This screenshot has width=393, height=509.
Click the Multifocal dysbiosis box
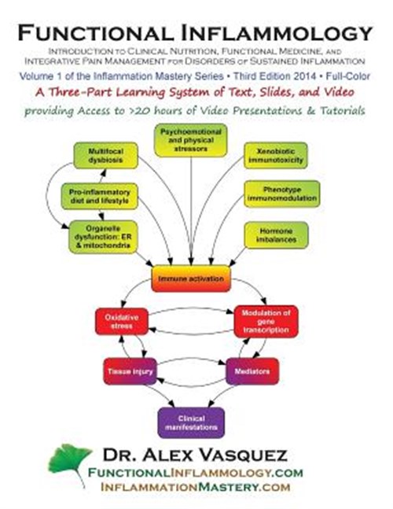(105, 156)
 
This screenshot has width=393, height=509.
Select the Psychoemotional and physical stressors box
(191, 140)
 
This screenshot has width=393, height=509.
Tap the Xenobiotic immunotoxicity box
(276, 156)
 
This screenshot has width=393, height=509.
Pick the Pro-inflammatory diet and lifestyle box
(100, 197)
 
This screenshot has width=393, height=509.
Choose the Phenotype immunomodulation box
(281, 194)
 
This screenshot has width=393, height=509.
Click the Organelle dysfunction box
(103, 237)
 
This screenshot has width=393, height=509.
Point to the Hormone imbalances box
(276, 235)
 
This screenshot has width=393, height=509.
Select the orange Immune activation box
(191, 278)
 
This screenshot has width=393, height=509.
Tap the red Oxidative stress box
(122, 322)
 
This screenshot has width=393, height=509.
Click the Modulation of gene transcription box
(266, 322)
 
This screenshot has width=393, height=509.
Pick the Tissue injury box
(130, 371)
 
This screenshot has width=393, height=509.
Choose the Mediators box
(252, 371)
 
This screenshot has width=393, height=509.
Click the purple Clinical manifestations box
(191, 422)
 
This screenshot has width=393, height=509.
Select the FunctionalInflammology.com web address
(195, 473)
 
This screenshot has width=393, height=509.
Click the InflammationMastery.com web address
(196, 487)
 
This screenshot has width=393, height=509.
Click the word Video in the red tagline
(338, 92)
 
